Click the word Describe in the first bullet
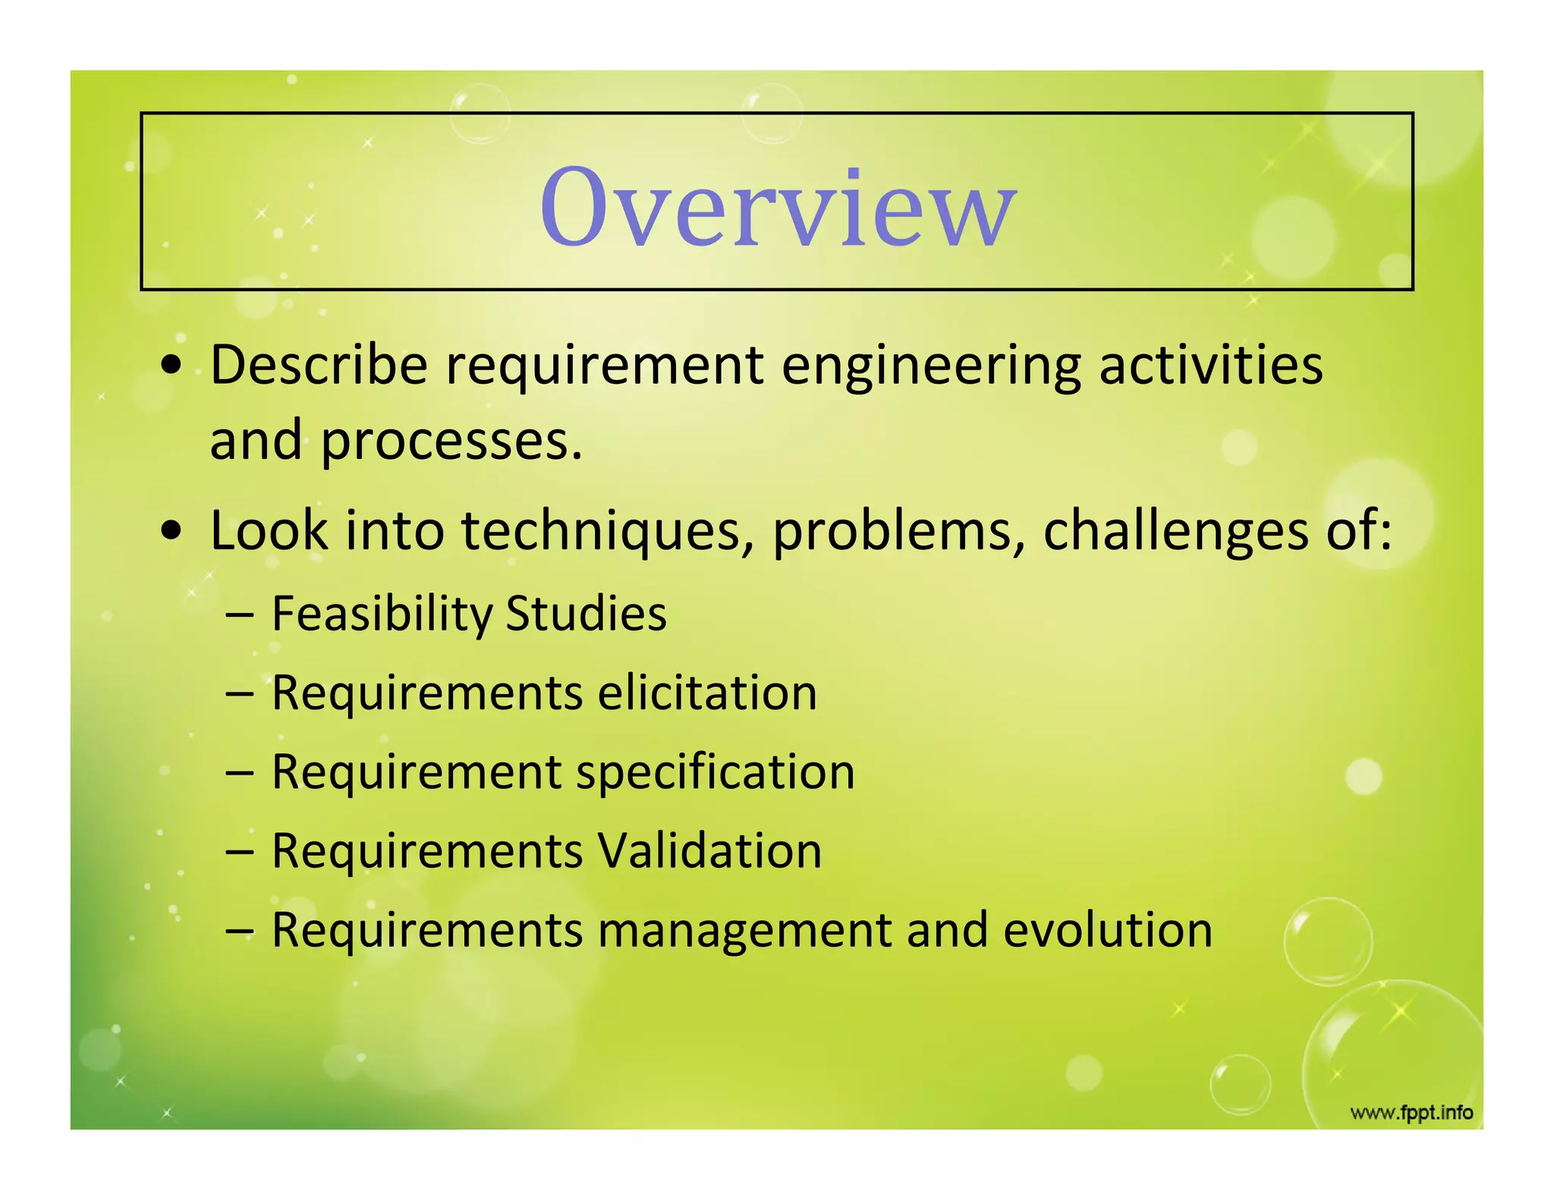319,365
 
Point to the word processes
451,442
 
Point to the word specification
715,773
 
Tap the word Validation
709,850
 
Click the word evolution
1108,930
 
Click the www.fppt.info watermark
1411,1113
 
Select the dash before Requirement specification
239,773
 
